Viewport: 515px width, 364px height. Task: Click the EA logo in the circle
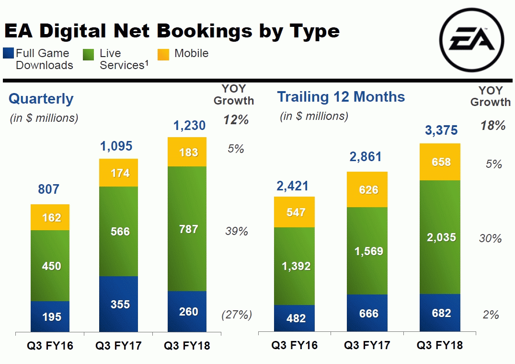coord(471,40)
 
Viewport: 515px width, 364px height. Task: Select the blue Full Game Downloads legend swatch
coord(9,53)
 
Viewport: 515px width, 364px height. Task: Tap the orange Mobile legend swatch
coord(163,54)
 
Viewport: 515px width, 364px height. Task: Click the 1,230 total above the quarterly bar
coord(189,126)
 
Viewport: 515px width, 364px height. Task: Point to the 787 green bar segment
coord(187,229)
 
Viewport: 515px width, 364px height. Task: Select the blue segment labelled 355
coord(118,304)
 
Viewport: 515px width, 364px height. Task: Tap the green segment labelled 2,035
coord(440,236)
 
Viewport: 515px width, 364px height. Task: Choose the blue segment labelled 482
coord(294,318)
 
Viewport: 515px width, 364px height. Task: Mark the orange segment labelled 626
coord(367,189)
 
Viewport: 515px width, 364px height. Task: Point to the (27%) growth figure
coord(237,315)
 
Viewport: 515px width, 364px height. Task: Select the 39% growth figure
coord(237,232)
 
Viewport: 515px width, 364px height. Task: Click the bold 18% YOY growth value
coord(493,126)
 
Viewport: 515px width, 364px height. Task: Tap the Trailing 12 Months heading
coord(341,97)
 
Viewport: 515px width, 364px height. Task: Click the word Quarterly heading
coord(41,99)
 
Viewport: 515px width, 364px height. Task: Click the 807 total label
coord(49,189)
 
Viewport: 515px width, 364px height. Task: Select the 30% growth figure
coord(491,238)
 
